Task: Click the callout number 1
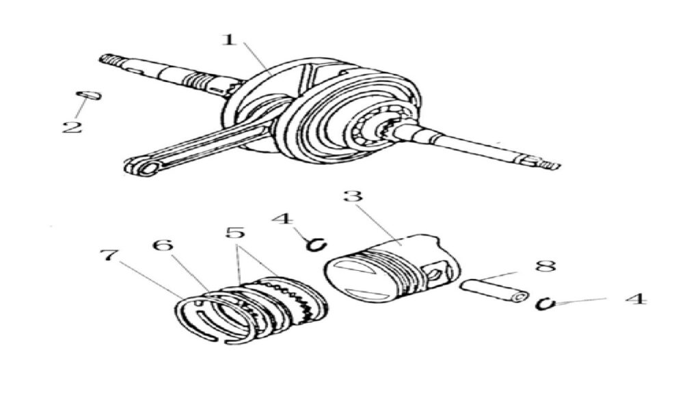[230, 40]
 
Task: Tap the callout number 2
[72, 127]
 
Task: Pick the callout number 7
[110, 257]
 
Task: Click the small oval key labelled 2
[89, 95]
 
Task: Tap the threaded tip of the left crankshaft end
[107, 60]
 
